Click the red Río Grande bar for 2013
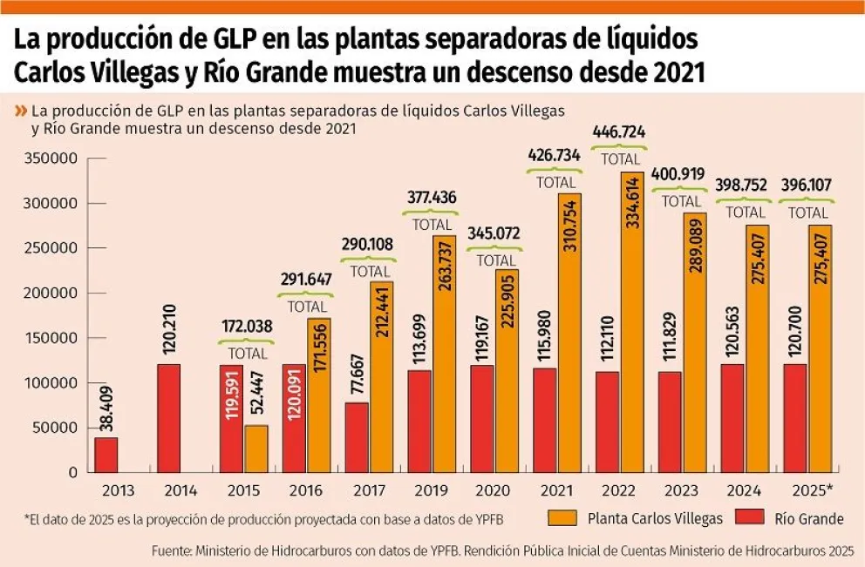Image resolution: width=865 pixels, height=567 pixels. [x=106, y=454]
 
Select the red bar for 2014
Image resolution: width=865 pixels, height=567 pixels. [x=169, y=418]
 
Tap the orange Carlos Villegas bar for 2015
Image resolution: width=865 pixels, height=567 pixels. [x=256, y=449]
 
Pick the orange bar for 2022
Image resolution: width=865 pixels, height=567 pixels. [x=632, y=322]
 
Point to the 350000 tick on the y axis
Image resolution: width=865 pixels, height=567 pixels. [x=52, y=159]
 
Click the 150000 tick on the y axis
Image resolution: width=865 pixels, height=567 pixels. [x=52, y=338]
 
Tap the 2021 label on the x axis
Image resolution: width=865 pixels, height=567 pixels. [x=556, y=491]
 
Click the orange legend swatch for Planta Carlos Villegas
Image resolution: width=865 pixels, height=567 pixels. [x=562, y=517]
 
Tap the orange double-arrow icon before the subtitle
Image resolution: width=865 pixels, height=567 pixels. [x=20, y=111]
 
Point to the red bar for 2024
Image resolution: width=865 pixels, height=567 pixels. [x=733, y=418]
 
